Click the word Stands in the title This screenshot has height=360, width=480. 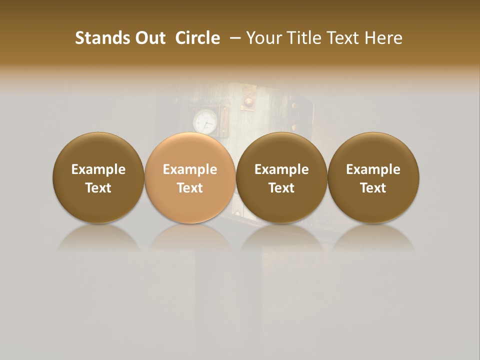click(96, 38)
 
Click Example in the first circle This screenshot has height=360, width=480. click(98, 169)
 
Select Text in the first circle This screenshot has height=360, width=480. click(98, 188)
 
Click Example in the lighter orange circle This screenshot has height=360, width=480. click(190, 169)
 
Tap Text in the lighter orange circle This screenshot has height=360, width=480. click(190, 188)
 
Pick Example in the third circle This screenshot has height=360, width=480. click(281, 169)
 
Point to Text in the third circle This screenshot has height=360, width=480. click(281, 188)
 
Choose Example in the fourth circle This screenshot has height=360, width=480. click(373, 169)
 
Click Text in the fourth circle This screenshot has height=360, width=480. click(373, 188)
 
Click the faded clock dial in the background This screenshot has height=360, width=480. click(205, 122)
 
